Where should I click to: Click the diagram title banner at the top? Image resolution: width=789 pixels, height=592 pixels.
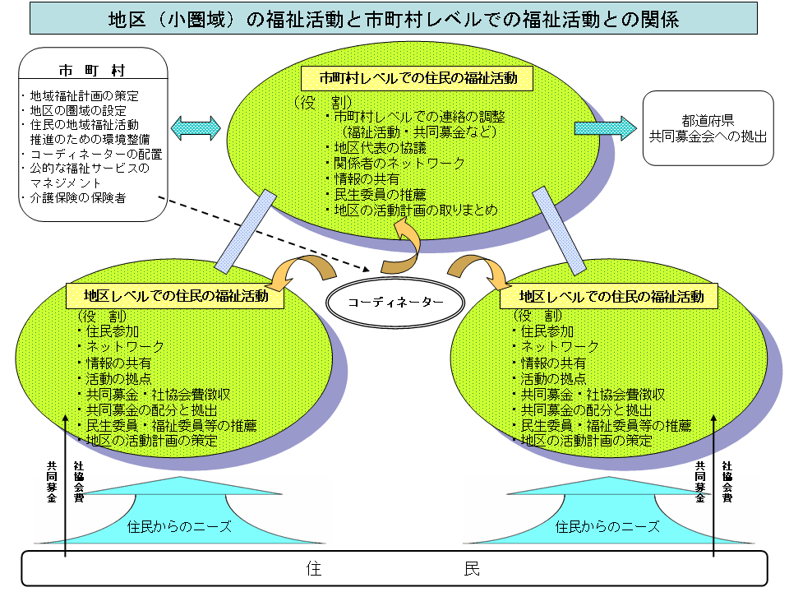(x=394, y=18)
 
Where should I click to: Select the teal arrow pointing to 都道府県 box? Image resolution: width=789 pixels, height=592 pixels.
(x=605, y=127)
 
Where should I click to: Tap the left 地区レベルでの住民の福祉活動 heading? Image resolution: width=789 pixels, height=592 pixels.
(x=176, y=296)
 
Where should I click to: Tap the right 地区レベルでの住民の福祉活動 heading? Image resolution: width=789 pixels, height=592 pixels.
(x=611, y=296)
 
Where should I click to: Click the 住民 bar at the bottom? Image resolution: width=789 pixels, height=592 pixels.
(x=394, y=568)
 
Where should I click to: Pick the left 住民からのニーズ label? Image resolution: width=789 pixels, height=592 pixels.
(x=178, y=526)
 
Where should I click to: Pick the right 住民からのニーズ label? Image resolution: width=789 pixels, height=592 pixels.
(x=607, y=526)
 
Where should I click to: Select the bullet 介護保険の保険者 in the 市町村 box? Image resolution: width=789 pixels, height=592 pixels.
(x=77, y=198)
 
